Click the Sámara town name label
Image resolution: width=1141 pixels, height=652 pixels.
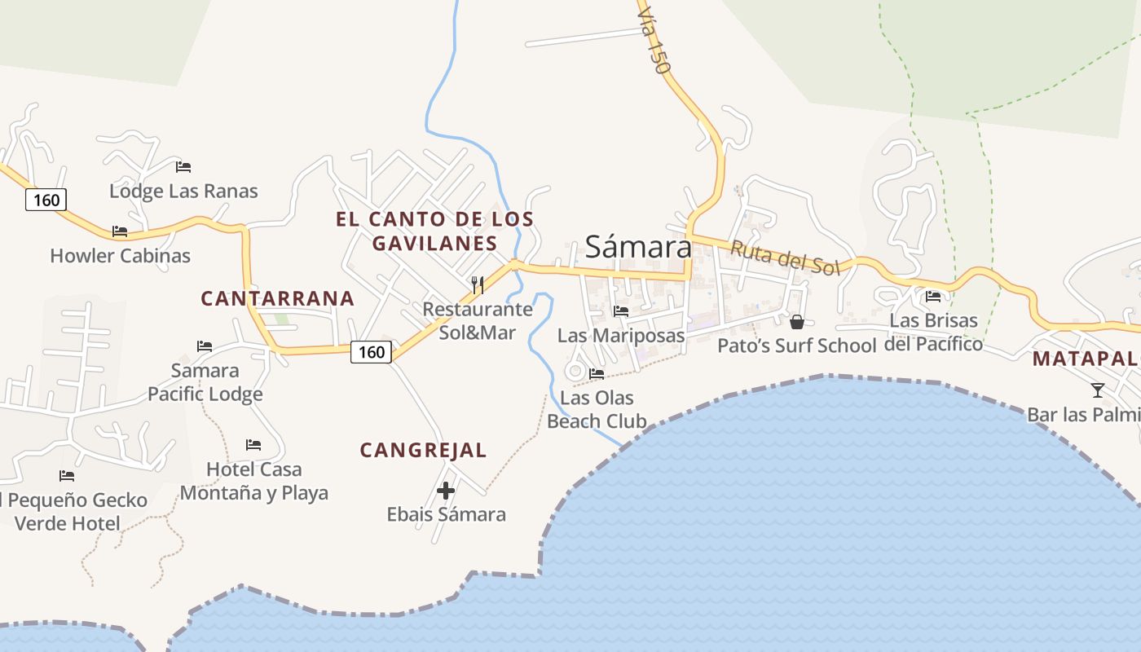637,246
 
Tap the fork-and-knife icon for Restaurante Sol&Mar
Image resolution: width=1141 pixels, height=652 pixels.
478,284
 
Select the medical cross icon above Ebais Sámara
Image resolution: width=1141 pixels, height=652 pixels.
446,491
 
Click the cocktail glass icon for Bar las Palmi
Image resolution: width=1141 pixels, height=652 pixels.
1098,390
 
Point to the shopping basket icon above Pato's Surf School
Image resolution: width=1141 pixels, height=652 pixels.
797,322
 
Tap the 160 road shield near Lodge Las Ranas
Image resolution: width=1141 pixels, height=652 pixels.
46,200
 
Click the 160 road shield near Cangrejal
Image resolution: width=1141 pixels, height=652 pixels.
372,352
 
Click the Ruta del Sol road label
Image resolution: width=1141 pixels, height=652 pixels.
784,258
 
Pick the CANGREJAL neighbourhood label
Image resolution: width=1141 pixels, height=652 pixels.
423,450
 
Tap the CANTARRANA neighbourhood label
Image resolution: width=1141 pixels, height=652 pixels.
277,298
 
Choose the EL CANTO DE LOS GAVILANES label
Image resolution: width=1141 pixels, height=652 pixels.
434,231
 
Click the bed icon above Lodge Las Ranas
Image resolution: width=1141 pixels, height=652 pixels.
183,167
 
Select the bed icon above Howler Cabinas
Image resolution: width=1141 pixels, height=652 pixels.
120,231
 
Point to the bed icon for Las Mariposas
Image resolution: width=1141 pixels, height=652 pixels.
621,311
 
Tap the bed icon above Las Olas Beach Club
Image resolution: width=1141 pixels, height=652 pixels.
597,374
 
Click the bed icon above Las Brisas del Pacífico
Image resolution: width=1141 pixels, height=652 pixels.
933,297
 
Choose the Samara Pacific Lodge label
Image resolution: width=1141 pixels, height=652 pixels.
205,382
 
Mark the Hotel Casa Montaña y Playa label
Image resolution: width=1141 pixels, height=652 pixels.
253,481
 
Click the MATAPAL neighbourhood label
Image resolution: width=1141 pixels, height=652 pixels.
1086,359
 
